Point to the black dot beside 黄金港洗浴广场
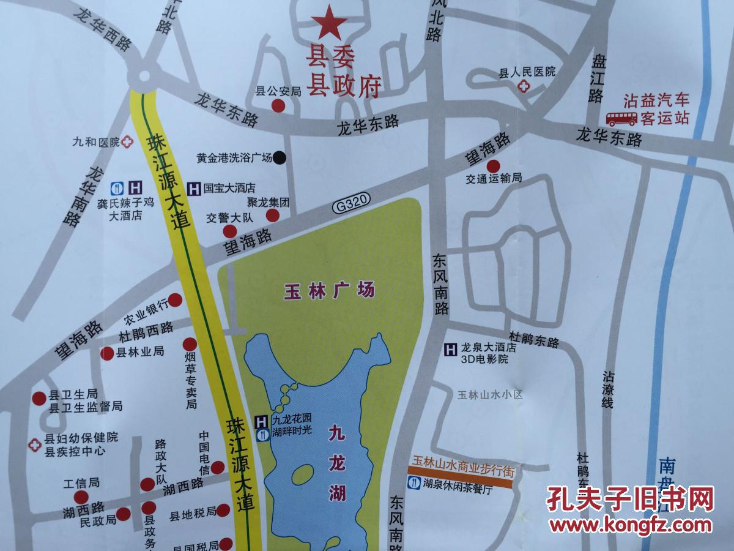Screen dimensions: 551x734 point(279,157)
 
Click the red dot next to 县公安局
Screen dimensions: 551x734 point(278,106)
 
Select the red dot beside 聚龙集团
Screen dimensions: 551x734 point(273,215)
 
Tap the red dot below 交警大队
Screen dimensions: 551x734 point(229,231)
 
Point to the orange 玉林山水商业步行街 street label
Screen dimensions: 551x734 point(459,471)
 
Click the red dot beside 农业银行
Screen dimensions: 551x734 point(176,300)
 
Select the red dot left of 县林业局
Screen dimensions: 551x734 point(108,353)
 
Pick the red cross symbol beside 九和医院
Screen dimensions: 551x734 point(127,141)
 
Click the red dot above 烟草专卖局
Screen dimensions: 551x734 point(190,344)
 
